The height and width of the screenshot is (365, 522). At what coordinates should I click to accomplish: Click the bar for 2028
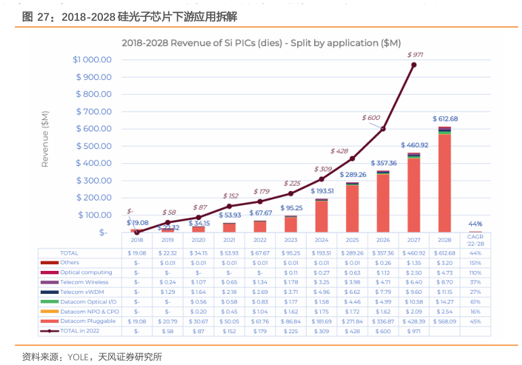tap(444, 179)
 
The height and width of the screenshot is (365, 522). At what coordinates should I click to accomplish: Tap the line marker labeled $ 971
tap(414, 65)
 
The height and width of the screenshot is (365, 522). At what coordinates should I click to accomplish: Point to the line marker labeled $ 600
tap(383, 129)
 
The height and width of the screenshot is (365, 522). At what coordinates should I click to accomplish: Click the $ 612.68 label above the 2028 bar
tap(445, 119)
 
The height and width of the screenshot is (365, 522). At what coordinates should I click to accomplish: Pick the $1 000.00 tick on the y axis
tap(92, 60)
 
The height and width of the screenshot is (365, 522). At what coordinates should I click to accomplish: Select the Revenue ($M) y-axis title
tap(45, 142)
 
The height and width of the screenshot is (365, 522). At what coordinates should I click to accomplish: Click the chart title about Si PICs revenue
tap(261, 43)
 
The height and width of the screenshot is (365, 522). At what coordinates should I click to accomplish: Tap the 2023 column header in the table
tap(290, 240)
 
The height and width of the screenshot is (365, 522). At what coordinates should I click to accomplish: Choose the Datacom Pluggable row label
tap(87, 322)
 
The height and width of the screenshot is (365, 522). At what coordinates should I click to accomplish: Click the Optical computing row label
tap(86, 272)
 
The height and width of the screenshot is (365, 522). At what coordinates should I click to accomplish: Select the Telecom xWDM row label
tap(81, 292)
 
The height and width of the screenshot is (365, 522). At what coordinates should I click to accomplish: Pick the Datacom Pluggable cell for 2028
tap(444, 322)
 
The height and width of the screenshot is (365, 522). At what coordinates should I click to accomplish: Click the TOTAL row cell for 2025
tap(352, 253)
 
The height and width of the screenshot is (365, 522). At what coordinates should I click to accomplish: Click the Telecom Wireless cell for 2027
tap(414, 282)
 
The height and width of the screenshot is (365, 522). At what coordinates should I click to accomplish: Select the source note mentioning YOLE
tap(92, 356)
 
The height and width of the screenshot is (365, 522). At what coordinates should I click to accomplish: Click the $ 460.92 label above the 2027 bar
tap(414, 145)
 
